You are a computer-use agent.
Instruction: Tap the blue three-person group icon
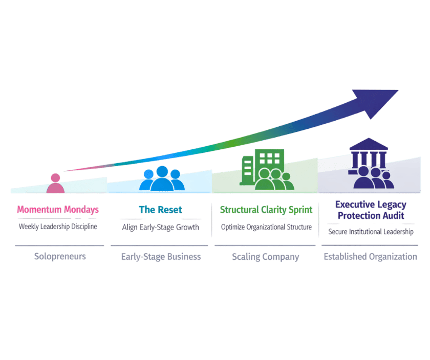[162, 178]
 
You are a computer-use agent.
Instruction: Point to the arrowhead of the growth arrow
[379, 102]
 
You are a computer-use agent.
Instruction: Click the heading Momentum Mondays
[58, 210]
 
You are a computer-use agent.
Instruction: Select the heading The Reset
[160, 210]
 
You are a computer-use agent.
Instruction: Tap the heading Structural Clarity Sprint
[266, 210]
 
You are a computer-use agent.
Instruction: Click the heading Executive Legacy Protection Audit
[371, 210]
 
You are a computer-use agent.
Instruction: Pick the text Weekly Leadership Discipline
[58, 226]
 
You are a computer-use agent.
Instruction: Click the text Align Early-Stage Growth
[160, 227]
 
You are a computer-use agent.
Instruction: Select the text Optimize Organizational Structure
[266, 227]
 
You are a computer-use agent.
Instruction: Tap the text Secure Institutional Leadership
[371, 232]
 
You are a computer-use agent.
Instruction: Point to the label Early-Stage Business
[161, 257]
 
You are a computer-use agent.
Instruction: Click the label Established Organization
[371, 257]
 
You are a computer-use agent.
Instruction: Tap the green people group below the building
[274, 179]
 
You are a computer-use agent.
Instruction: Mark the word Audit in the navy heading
[393, 216]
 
